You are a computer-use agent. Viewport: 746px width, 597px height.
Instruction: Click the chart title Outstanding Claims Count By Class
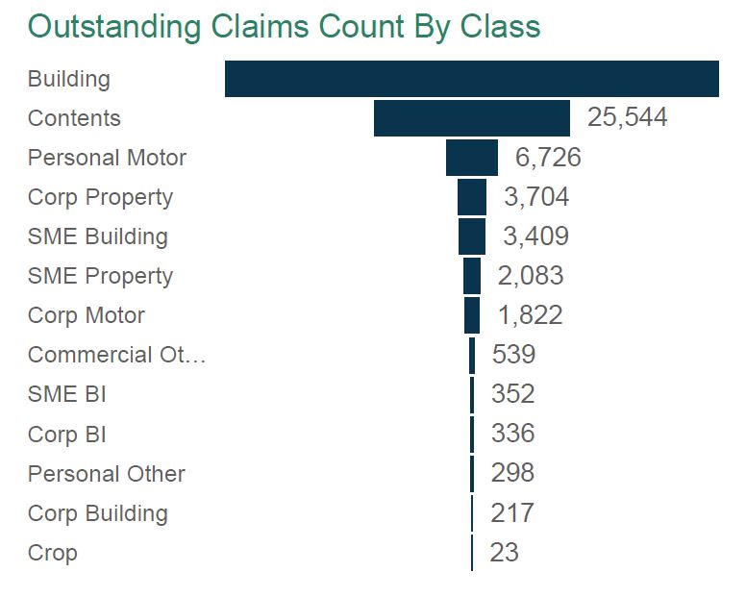click(x=284, y=26)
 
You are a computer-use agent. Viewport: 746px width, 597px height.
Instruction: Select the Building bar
click(x=471, y=79)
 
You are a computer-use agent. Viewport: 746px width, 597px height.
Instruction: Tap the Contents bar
click(x=471, y=118)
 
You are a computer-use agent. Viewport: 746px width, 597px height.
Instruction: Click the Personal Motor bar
click(x=472, y=158)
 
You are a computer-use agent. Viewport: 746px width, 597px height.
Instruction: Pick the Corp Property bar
click(x=472, y=197)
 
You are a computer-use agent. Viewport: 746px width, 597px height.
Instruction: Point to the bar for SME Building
click(x=472, y=236)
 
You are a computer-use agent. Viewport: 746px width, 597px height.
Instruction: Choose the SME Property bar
click(x=472, y=276)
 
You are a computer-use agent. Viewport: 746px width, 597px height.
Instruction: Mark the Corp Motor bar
click(x=472, y=315)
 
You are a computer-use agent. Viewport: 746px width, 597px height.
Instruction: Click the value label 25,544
click(x=627, y=118)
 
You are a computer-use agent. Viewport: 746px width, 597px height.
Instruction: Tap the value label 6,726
click(x=548, y=158)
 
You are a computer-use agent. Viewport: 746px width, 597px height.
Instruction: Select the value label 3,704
click(x=536, y=197)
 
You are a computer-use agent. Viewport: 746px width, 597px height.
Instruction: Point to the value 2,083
click(x=531, y=276)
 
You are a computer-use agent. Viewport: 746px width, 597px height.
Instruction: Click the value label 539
click(x=513, y=355)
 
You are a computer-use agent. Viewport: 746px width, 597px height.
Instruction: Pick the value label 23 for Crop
click(x=504, y=553)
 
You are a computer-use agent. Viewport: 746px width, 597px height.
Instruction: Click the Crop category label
click(x=52, y=553)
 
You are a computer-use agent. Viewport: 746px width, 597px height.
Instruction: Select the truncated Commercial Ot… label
click(x=116, y=355)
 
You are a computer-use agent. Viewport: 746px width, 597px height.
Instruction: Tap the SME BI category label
click(x=66, y=394)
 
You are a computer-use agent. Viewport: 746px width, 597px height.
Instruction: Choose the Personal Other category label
click(x=106, y=474)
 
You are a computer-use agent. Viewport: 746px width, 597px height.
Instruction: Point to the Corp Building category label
click(x=97, y=513)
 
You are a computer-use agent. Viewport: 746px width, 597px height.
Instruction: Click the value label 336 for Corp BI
click(x=512, y=434)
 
